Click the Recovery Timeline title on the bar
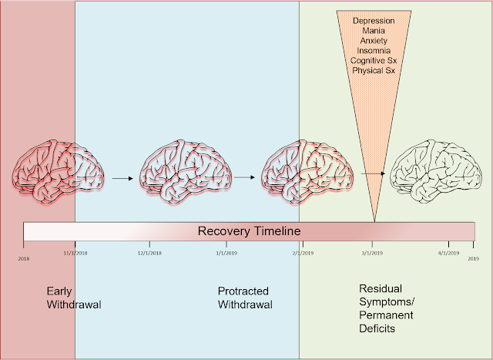coord(249,231)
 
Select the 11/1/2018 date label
coord(75,253)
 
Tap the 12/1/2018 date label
coord(149,253)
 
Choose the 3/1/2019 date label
coord(371,253)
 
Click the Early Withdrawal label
coord(74,298)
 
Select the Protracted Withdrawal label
coord(243,298)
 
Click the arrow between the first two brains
coord(122,178)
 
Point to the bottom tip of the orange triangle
coord(374,223)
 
